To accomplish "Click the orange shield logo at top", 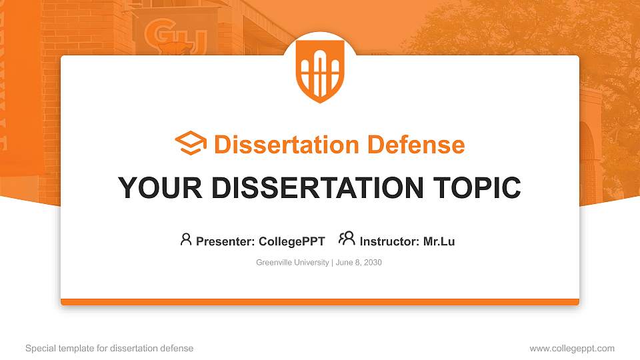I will click(320, 70).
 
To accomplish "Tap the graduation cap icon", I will click(191, 144).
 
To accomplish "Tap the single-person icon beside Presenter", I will click(186, 239).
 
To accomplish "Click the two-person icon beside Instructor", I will click(347, 239).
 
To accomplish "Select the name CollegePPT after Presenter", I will click(291, 241).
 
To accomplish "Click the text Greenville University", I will click(292, 263).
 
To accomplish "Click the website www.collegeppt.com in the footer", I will click(571, 348).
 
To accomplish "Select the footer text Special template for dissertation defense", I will click(109, 348).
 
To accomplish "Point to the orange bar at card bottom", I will click(320, 302).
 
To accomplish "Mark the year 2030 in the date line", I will click(373, 263).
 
